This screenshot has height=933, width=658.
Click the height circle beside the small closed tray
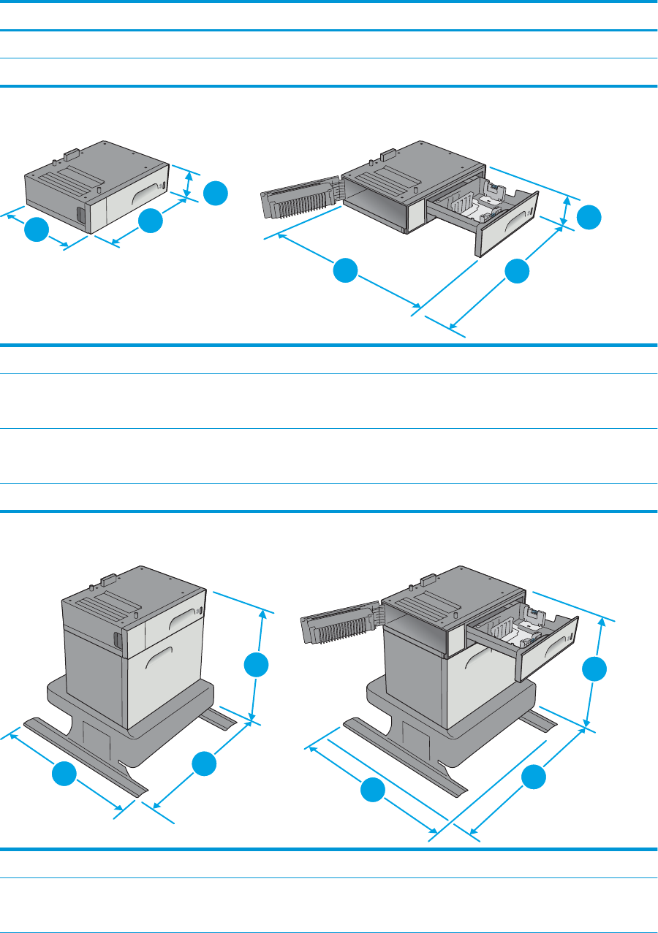[215, 194]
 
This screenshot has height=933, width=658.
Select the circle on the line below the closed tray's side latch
[36, 230]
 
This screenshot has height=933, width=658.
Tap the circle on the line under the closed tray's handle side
[150, 221]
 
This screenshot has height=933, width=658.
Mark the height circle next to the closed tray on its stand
[256, 666]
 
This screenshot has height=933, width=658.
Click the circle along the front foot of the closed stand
[64, 774]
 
